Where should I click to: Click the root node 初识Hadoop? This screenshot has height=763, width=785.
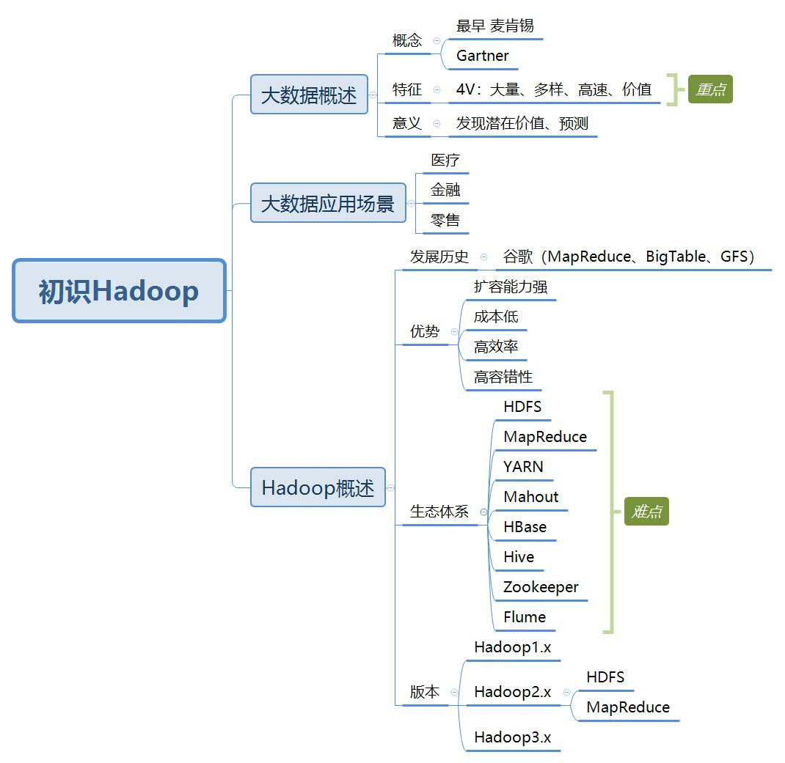(119, 291)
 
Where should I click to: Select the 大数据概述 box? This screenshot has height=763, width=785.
(309, 95)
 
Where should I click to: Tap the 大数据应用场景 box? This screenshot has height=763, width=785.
(328, 203)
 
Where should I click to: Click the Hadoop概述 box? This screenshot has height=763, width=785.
(318, 487)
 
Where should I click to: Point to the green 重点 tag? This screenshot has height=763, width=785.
(710, 89)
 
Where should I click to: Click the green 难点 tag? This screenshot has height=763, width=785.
(647, 512)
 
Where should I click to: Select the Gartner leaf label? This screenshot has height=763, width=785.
(483, 56)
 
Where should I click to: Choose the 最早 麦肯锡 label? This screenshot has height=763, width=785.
(495, 26)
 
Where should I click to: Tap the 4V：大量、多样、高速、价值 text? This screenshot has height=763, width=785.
(554, 89)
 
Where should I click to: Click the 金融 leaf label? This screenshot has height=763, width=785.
(445, 189)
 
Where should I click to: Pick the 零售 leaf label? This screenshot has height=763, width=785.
(445, 219)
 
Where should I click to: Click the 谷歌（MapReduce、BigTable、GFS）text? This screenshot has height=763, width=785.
(629, 257)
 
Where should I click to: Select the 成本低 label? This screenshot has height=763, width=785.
(496, 317)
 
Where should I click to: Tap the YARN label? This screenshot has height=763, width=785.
(523, 467)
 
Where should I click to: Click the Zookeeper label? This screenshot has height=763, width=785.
(541, 587)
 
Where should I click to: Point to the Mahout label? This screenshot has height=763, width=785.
(531, 497)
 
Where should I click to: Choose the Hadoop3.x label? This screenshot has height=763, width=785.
(512, 737)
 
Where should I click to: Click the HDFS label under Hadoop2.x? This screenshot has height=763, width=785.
(605, 677)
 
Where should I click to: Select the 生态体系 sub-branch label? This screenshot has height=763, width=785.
(439, 512)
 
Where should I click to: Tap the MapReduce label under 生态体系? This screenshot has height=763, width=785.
(545, 437)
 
